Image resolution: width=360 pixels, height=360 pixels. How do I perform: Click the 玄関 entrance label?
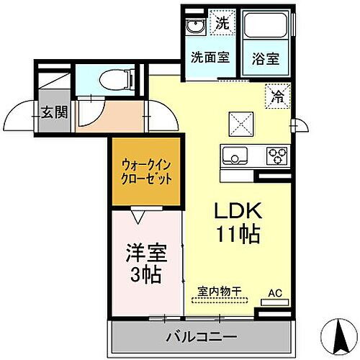tap(54, 112)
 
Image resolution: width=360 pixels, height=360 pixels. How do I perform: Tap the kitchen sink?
tap(235, 155)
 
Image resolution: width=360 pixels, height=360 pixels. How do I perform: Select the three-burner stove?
tap(276, 154)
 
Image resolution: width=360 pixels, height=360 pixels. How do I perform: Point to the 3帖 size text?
tap(145, 274)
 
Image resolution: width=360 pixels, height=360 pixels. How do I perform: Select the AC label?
tap(274, 292)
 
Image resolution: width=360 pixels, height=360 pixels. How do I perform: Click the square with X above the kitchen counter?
tap(240, 123)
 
